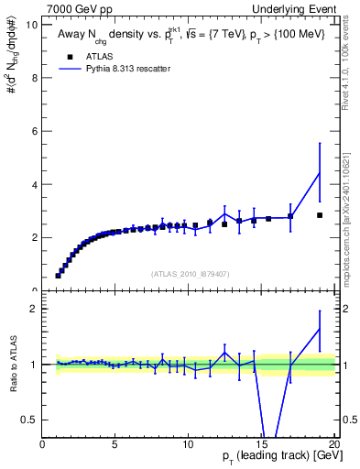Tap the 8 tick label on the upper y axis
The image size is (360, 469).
point(35,78)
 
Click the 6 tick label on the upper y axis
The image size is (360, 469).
point(35,131)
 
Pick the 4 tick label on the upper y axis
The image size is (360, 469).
point(35,184)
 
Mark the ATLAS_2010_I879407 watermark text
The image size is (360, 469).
point(189,274)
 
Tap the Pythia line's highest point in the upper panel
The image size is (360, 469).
point(319,173)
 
